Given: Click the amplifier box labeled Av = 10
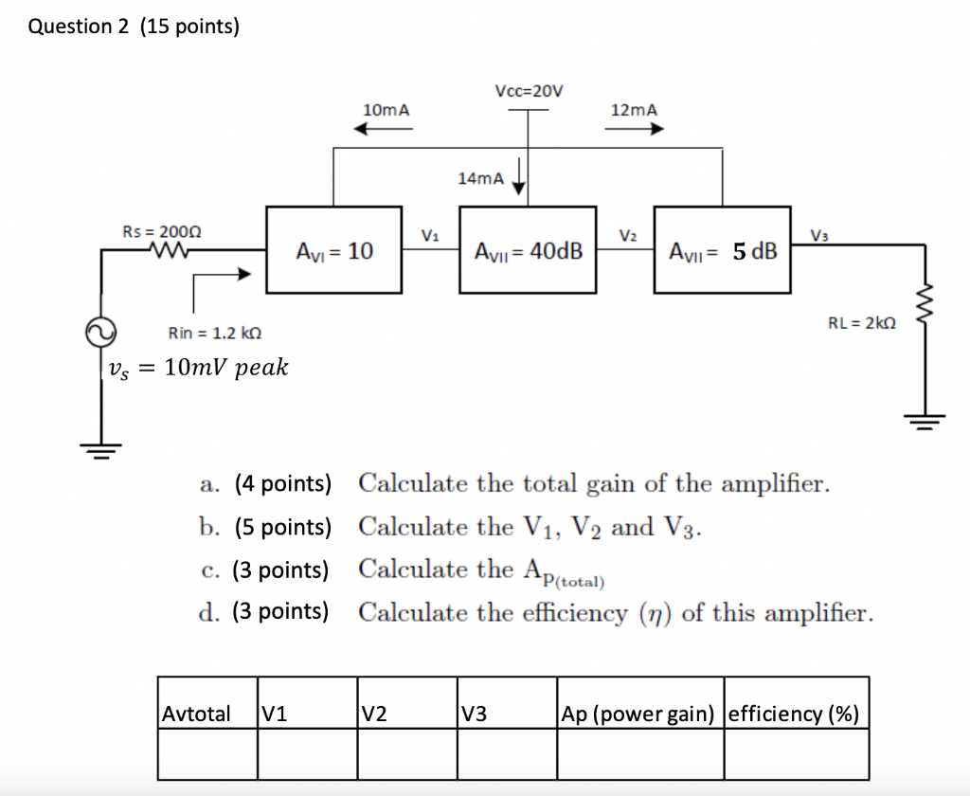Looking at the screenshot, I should coord(334,251).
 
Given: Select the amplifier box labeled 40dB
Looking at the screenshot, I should coord(528,251).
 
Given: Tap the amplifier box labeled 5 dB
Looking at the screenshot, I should coord(723,251).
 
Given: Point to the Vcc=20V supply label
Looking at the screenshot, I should coord(528,91).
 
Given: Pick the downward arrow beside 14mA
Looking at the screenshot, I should coord(519,177).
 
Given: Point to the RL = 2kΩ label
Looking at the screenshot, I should coord(861,322).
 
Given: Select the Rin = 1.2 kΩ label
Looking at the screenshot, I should coord(214,333).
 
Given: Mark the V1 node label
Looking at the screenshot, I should coord(430,234).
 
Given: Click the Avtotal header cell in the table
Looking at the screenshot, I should coord(197,714).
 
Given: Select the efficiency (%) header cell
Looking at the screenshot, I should coord(795,714).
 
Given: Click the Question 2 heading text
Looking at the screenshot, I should coord(134,27).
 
